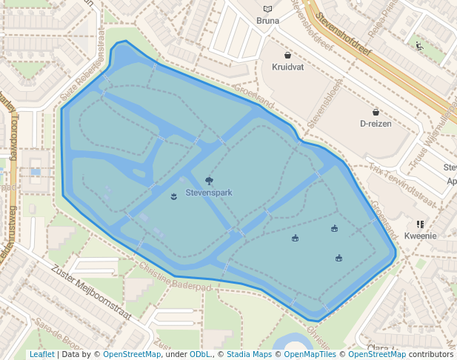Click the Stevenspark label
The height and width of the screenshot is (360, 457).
pyautogui.click(x=209, y=193)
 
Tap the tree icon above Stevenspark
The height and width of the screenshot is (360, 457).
pyautogui.click(x=210, y=180)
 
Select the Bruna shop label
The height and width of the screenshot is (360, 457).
pyautogui.click(x=267, y=21)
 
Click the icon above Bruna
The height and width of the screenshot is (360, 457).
pyautogui.click(x=267, y=9)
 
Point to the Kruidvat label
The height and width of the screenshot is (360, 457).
pyautogui.click(x=288, y=67)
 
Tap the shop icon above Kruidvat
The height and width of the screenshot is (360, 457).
pyautogui.click(x=288, y=55)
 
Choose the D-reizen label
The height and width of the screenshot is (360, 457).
pyautogui.click(x=376, y=124)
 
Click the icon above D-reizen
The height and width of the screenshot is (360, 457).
pyautogui.click(x=376, y=112)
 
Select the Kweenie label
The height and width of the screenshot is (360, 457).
pyautogui.click(x=420, y=236)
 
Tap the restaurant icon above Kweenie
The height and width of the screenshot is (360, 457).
pyautogui.click(x=420, y=224)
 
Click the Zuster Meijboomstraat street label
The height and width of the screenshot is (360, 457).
pyautogui.click(x=91, y=293)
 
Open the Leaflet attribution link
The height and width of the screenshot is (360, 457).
pyautogui.click(x=41, y=354)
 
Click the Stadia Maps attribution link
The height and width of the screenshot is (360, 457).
pyautogui.click(x=249, y=354)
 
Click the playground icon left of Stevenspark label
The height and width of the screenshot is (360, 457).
pyautogui.click(x=173, y=196)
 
